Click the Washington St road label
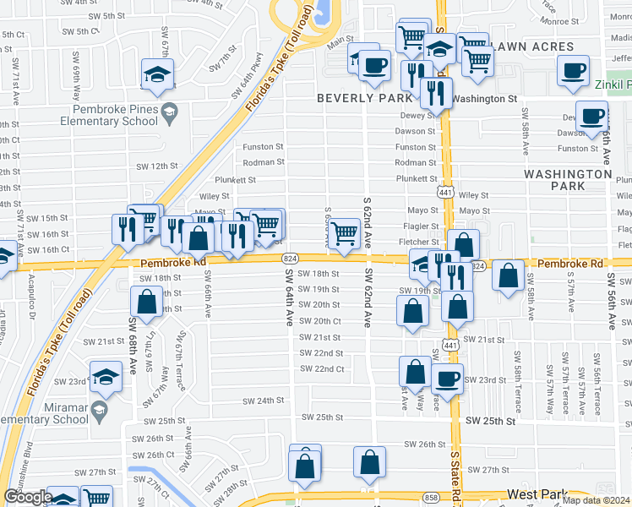[484, 99]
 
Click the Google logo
[28, 497]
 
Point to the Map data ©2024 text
[597, 500]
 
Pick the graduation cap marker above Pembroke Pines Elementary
[157, 74]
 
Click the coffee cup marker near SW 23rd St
[447, 378]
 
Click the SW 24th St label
[260, 401]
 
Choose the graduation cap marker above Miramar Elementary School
[106, 377]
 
